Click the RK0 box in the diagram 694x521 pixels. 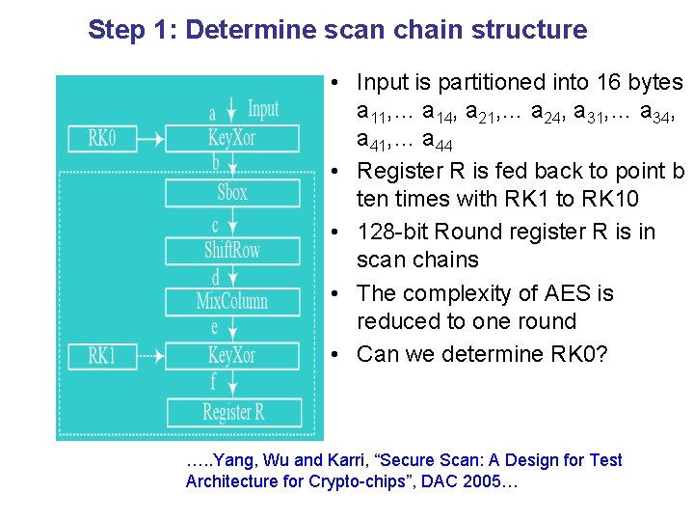pyautogui.click(x=102, y=139)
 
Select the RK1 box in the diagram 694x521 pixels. pyautogui.click(x=102, y=356)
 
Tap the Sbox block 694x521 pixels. pyautogui.click(x=232, y=193)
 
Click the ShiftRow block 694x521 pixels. pyautogui.click(x=232, y=251)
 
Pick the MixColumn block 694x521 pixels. pyautogui.click(x=232, y=302)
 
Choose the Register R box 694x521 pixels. pyautogui.click(x=234, y=413)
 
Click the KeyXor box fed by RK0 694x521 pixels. pyautogui.click(x=232, y=139)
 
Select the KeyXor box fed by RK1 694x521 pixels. pyautogui.click(x=232, y=356)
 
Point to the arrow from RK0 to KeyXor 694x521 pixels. pyautogui.click(x=151, y=140)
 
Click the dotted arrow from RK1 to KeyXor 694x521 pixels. pyautogui.click(x=151, y=356)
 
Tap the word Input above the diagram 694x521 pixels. pyautogui.click(x=263, y=109)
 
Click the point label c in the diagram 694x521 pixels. pyautogui.click(x=215, y=226)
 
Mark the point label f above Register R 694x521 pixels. pyautogui.click(x=213, y=380)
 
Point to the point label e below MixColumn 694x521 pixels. pyautogui.click(x=215, y=328)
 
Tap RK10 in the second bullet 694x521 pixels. pyautogui.click(x=610, y=199)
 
